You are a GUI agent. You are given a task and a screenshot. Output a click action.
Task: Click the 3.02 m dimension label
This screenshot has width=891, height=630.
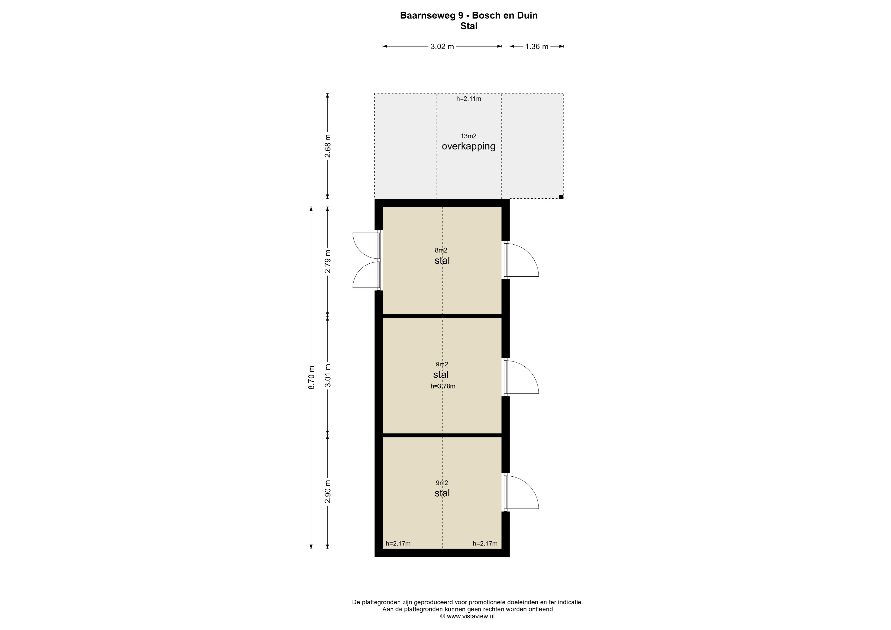point(442,47)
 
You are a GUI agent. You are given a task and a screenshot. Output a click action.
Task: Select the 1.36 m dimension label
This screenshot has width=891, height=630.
point(537,47)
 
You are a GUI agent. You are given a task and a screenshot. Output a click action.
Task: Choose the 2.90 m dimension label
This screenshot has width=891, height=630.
point(328,491)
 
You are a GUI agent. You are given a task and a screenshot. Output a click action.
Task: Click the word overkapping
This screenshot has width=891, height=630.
point(468,146)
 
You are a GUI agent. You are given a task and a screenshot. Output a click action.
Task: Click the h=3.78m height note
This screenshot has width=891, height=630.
point(443,386)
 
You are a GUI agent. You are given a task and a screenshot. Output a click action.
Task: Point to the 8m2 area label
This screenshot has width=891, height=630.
point(441,250)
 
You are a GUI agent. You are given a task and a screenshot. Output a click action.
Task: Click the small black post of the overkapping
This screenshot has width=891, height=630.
point(561,197)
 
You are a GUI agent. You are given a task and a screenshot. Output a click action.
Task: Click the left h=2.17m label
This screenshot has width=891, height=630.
point(398,543)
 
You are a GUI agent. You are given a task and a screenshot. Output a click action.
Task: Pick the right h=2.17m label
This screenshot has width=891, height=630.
point(485,543)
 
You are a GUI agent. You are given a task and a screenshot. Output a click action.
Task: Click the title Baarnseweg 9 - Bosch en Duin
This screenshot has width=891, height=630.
point(469,16)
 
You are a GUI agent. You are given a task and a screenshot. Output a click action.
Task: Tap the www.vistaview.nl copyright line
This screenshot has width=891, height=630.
point(467,616)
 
